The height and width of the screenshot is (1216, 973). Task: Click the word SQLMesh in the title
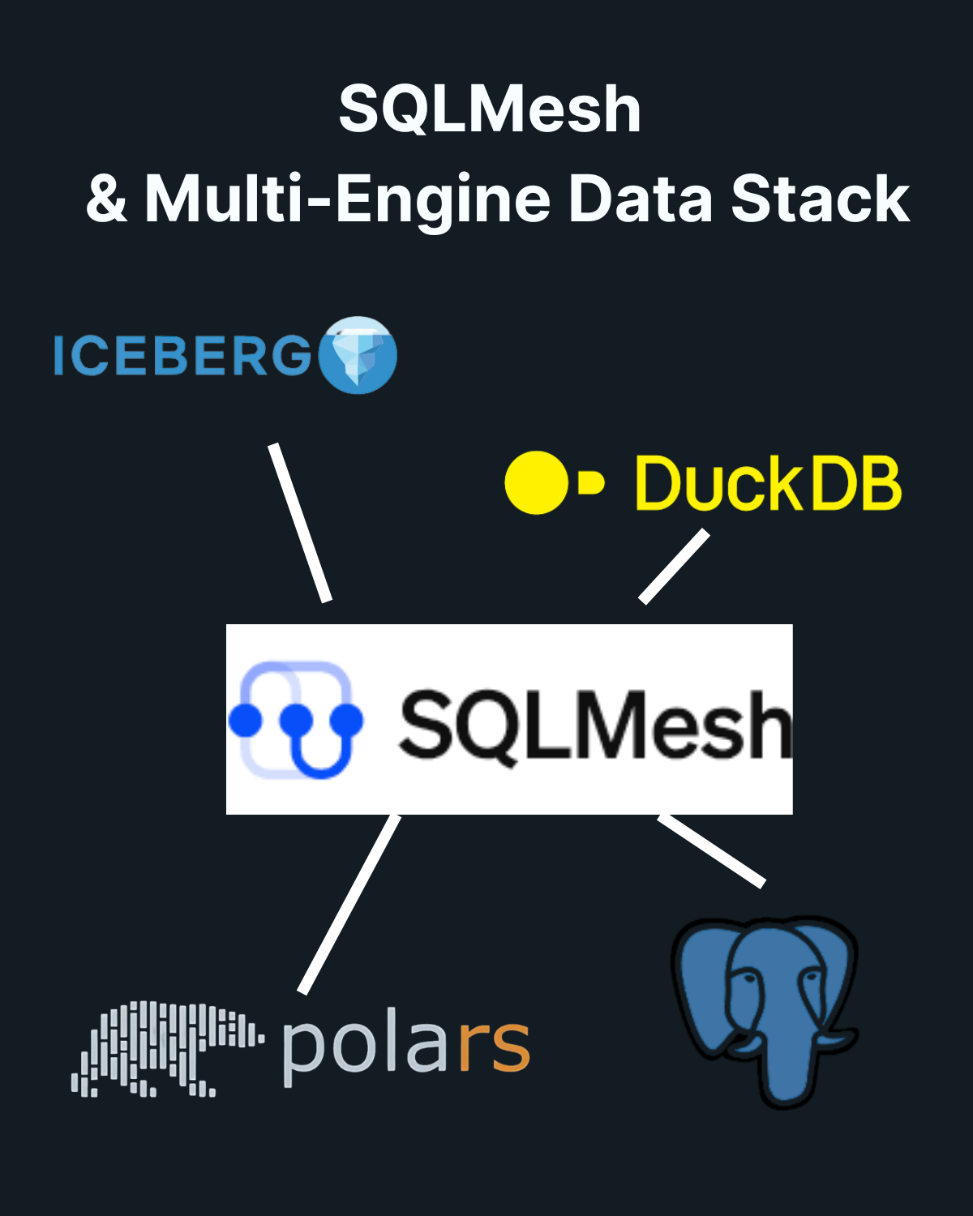click(x=490, y=109)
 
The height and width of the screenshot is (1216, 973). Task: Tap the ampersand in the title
click(x=107, y=199)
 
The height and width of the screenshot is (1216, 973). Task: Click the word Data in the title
click(x=640, y=199)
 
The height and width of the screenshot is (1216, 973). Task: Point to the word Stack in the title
click(x=820, y=199)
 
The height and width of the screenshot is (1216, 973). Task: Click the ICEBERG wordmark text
click(x=182, y=356)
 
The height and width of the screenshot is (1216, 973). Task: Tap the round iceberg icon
click(x=358, y=355)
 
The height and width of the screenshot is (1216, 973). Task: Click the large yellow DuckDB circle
click(x=536, y=483)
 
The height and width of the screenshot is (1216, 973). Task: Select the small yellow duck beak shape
click(x=591, y=483)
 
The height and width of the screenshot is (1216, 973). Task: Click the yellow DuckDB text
click(x=767, y=483)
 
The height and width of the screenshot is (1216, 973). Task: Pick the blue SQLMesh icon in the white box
click(x=296, y=719)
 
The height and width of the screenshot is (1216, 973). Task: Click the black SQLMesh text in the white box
click(x=594, y=724)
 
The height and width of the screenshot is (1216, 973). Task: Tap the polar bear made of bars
click(x=166, y=1048)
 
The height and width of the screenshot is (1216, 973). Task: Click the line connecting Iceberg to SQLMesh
click(x=301, y=523)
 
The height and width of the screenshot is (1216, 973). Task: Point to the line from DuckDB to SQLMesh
click(x=674, y=567)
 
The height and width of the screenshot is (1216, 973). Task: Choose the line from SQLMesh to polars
click(x=349, y=904)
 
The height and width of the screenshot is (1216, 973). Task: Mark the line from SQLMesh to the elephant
click(x=711, y=850)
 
